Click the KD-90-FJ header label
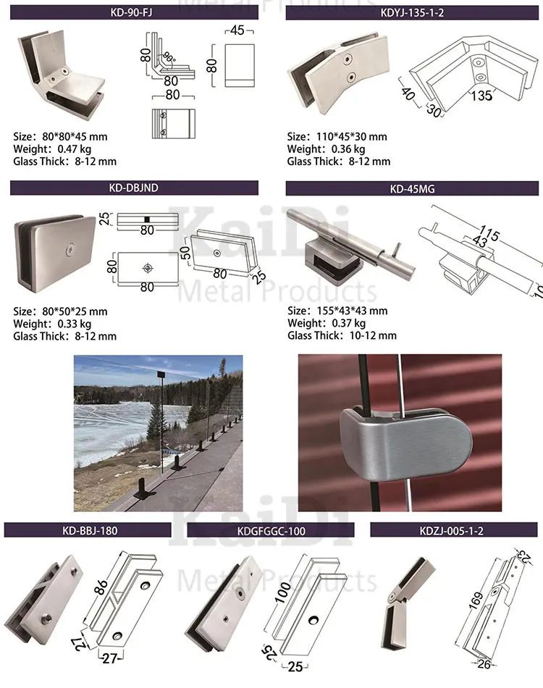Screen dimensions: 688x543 coord(133,12)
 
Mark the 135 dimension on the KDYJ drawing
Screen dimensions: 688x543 coord(481,95)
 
